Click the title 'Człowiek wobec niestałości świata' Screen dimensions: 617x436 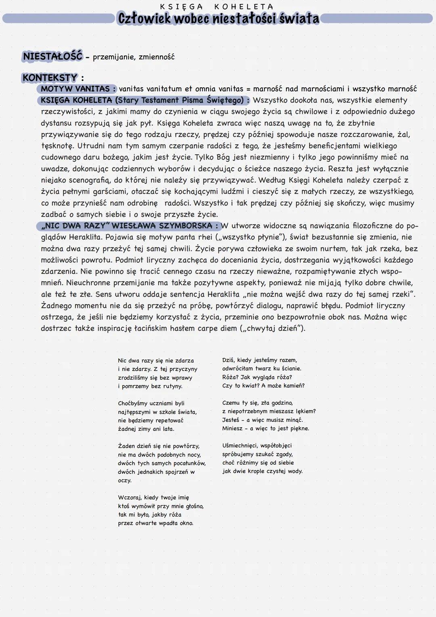tap(218, 19)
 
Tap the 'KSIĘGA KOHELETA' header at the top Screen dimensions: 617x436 tap(217, 6)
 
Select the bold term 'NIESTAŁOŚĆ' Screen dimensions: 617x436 tap(52, 57)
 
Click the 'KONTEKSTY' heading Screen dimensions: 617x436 tap(50, 77)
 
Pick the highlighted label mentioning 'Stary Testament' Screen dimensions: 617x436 tap(145, 100)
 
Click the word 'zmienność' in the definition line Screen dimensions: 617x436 tap(157, 57)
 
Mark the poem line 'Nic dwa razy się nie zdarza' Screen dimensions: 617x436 tap(156, 360)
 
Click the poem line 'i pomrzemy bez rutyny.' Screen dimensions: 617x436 tap(150, 386)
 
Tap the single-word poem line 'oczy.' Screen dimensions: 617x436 tap(125, 480)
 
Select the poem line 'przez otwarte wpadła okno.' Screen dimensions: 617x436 tap(155, 523)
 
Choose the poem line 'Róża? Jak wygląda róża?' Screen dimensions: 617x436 tap(257, 377)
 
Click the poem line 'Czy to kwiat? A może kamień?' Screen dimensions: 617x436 tap(263, 385)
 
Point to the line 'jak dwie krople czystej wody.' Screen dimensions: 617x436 tap(262, 471)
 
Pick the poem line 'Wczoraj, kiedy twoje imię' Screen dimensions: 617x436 tap(153, 497)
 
